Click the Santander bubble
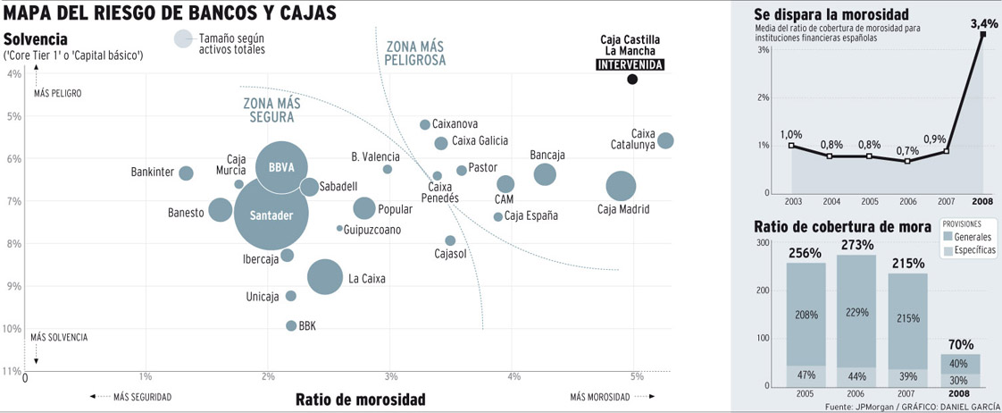coord(271,215)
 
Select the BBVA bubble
coord(281,166)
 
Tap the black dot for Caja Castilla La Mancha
coord(632,80)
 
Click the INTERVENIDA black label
coord(630,65)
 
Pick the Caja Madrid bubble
coord(621,186)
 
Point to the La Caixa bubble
coord(325,277)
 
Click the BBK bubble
coord(291,325)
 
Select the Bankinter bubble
coord(186,173)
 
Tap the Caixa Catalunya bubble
coord(665,140)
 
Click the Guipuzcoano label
coord(372,230)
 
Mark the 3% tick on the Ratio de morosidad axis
coord(390,376)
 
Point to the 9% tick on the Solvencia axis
coord(14,286)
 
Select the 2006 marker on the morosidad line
coord(907,161)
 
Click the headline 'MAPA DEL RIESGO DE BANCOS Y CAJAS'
coord(171,13)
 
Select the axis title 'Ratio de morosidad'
coord(360,399)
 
